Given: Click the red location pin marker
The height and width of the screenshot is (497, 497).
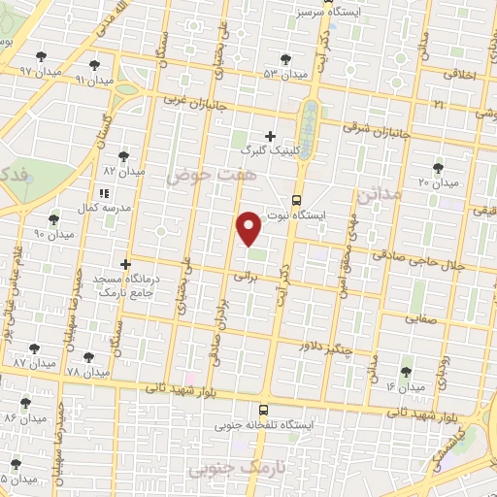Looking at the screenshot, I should point(249,227).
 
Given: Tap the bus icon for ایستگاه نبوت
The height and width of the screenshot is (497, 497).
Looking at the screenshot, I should point(295,201).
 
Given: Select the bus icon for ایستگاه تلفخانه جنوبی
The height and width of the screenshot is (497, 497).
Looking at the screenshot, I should point(264,412).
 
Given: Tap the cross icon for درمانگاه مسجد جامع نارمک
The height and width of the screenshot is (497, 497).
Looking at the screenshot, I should point(125,263).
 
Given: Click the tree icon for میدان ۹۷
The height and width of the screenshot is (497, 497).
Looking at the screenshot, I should point(40,56).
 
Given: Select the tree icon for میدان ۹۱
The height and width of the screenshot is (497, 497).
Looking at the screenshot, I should point(94,65).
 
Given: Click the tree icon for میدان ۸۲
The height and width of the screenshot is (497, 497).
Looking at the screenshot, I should point(124,155).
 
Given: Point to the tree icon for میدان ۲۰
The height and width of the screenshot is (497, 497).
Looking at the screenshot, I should point(438,168).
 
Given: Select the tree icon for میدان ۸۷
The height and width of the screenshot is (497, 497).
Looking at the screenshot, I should point(35,347).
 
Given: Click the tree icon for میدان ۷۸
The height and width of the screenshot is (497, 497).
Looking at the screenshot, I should point(88,358).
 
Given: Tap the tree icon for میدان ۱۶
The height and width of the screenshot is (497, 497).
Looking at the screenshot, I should point(406,372).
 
